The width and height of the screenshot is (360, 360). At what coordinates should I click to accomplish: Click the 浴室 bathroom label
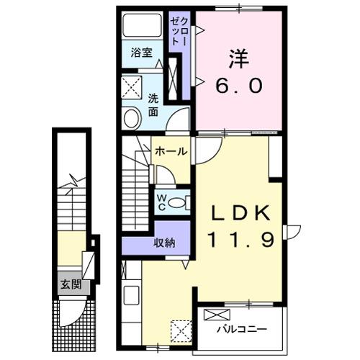tap(141, 53)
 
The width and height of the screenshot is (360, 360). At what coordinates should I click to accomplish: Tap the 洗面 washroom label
tap(153, 105)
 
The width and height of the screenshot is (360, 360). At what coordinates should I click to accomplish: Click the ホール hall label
tap(171, 152)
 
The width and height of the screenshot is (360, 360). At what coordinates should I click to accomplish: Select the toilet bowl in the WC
tap(179, 202)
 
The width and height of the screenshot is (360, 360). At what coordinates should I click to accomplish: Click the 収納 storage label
tap(164, 243)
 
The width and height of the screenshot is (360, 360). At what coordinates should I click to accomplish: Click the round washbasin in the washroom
tap(132, 118)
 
